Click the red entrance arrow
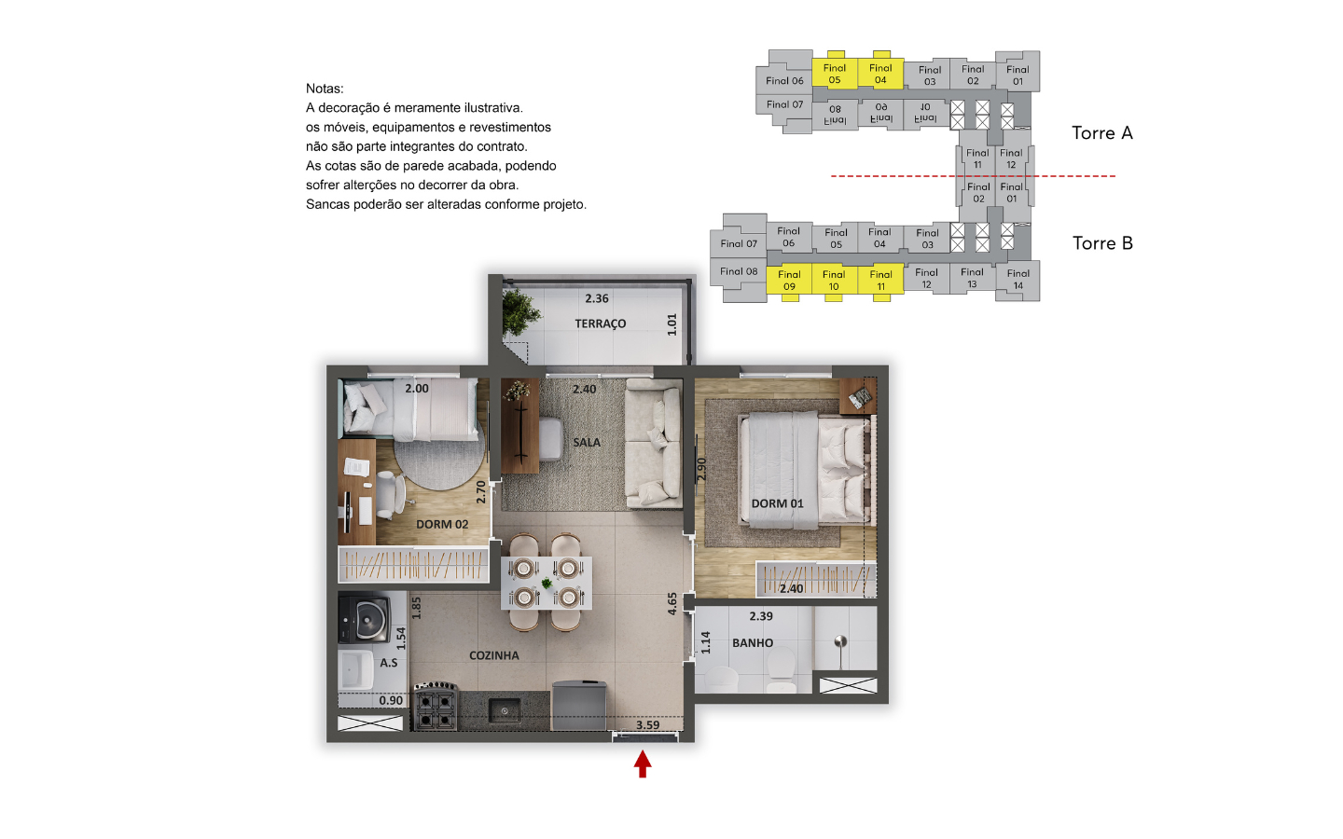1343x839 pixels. [x=643, y=764]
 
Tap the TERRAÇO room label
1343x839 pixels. [x=601, y=323]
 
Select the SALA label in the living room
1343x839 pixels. [x=587, y=442]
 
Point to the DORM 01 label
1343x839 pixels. [x=777, y=503]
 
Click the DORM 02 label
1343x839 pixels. [x=442, y=524]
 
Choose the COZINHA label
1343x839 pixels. [x=494, y=655]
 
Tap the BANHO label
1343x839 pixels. [x=753, y=643]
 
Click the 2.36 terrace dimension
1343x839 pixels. [x=597, y=298]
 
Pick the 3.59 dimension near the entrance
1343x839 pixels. [x=647, y=725]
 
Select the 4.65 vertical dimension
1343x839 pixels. [x=672, y=603]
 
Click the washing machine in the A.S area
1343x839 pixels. [x=364, y=617]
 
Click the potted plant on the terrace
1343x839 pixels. [x=520, y=311]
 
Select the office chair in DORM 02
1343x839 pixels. [x=390, y=495]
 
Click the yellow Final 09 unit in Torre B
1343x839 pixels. [x=789, y=280]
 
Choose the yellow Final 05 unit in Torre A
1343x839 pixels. [x=835, y=73]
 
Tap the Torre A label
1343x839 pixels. [x=1102, y=133]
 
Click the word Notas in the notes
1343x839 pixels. [x=325, y=89]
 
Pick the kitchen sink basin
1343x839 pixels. [x=505, y=710]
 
